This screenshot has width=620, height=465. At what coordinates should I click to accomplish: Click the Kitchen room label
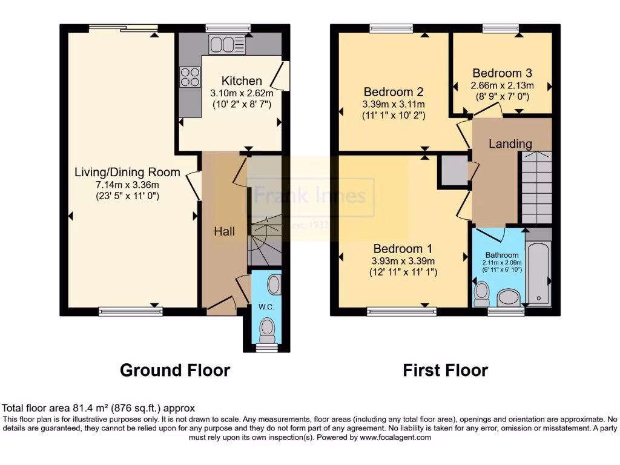point(242,81)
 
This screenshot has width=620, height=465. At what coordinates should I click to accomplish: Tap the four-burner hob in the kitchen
point(190,77)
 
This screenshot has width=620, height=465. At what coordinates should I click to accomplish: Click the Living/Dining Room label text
point(127,173)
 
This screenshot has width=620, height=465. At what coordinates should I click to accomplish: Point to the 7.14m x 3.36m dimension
point(127,185)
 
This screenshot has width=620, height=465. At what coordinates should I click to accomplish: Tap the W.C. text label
point(266,307)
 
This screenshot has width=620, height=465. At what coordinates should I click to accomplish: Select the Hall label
point(224,232)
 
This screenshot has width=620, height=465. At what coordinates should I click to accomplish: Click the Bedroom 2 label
point(393,92)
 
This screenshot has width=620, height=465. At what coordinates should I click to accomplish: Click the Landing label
point(510,144)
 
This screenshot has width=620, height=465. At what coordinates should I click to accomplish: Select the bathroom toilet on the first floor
point(482,294)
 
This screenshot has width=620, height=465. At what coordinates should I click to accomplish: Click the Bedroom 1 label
point(403,249)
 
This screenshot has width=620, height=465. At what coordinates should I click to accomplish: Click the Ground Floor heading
point(175,370)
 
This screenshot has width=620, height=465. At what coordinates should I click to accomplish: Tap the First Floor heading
point(445,370)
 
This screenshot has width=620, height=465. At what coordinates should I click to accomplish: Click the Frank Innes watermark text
point(310,196)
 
